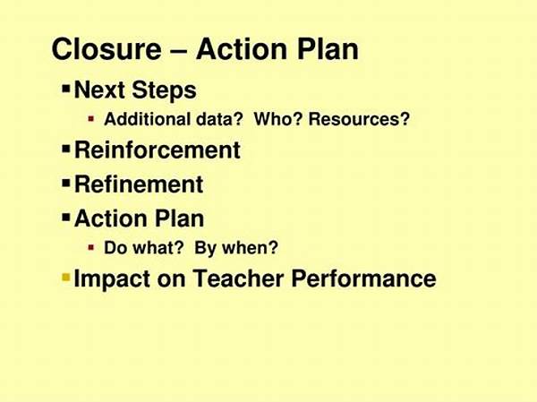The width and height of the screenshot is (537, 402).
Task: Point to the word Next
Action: coord(98,90)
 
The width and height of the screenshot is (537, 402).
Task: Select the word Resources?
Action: coord(362,119)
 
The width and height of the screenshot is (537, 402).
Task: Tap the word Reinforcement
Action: coord(157,150)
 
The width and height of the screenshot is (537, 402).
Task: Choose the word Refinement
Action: coord(139,184)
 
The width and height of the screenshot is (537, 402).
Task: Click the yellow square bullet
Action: coord(65,278)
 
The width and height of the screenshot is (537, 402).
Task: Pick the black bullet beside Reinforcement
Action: coord(65,149)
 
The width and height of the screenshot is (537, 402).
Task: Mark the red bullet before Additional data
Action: coord(90,119)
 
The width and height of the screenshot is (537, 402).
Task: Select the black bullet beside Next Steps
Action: coord(65,90)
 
